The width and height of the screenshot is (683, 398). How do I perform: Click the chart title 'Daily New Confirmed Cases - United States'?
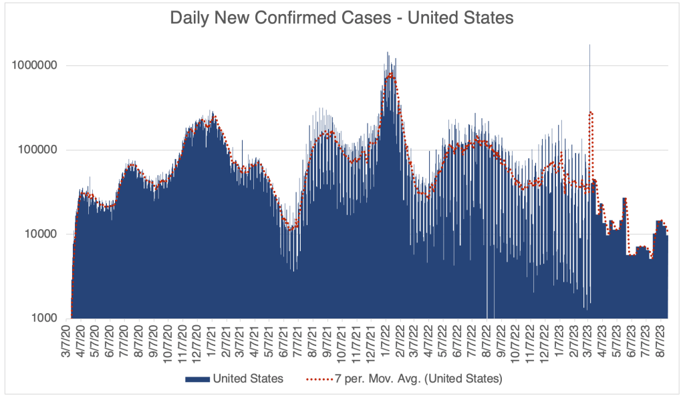(x=341, y=18)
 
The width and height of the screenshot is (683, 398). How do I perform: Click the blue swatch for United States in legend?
(x=196, y=379)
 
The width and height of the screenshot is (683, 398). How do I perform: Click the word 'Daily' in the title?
(x=190, y=18)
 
